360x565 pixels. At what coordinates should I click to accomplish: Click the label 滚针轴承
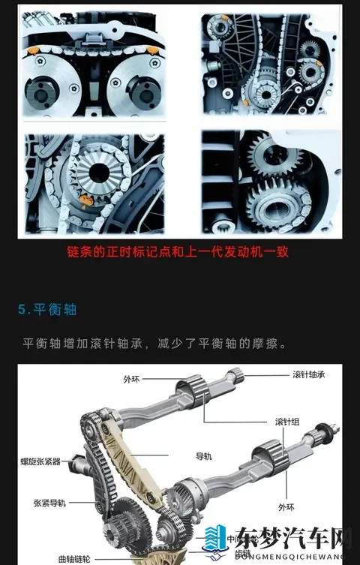[x=309, y=374]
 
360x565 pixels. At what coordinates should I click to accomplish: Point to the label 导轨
[x=204, y=455]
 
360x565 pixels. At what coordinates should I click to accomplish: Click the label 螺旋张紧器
[x=41, y=461]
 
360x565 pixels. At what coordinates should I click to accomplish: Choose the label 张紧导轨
[x=49, y=503]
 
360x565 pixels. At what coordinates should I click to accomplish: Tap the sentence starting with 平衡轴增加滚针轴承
[x=155, y=343]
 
